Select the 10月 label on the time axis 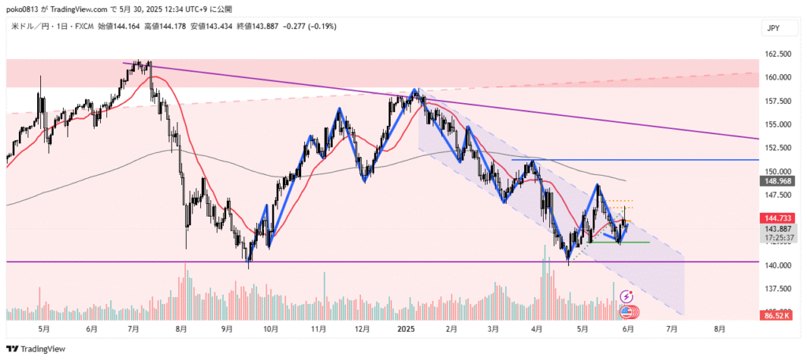pos(270,328)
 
